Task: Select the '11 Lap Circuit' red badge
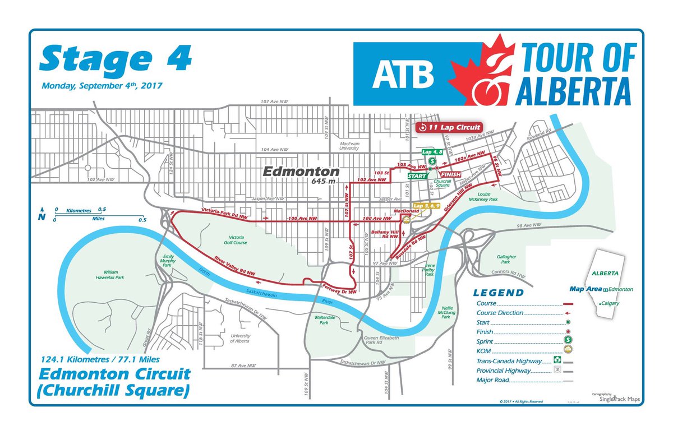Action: (449, 128)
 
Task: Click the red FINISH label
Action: (451, 175)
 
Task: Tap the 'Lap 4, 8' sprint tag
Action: (433, 152)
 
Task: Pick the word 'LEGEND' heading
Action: (498, 293)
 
